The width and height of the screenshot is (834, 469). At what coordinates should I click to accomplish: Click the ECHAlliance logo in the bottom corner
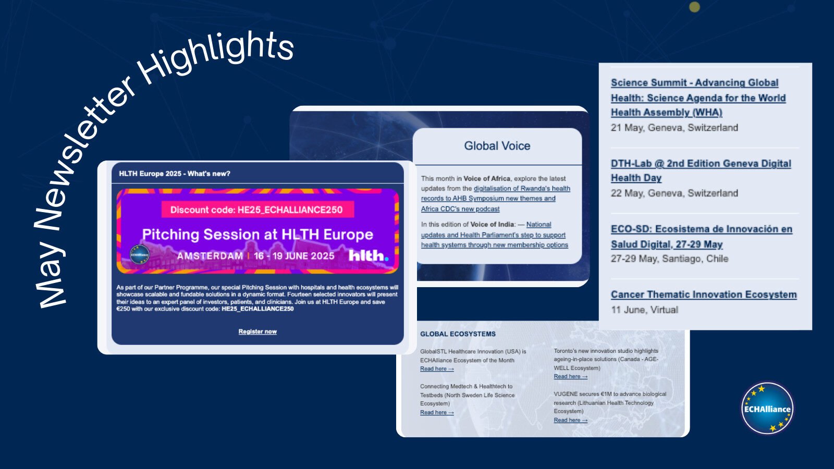[767, 408]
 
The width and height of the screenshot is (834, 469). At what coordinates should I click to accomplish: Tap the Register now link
[257, 331]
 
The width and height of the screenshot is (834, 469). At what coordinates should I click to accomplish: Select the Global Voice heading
[497, 146]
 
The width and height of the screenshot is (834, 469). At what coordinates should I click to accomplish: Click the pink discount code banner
[256, 209]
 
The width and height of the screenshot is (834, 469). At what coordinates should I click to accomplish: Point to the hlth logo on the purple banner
[368, 255]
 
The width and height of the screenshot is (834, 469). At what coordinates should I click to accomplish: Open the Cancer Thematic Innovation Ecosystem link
[703, 294]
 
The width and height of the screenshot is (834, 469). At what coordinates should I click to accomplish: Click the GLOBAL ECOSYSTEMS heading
[458, 334]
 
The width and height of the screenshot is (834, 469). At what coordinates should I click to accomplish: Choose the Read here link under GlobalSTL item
[436, 369]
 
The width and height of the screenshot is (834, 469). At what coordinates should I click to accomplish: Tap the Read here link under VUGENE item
[570, 420]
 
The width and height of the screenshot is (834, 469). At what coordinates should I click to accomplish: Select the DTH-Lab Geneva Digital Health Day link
[700, 170]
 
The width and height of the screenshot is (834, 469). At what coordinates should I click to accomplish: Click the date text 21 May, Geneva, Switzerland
[674, 128]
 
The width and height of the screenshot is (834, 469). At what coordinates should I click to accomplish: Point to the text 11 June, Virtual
[644, 310]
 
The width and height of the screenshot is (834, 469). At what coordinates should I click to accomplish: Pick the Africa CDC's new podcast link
[460, 209]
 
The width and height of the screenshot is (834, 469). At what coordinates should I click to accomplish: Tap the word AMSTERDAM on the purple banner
[210, 256]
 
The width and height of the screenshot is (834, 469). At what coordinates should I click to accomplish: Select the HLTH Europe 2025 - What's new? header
[175, 174]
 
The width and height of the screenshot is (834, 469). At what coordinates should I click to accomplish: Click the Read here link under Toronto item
[570, 376]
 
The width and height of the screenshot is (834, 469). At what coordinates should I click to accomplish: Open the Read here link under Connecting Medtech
[436, 412]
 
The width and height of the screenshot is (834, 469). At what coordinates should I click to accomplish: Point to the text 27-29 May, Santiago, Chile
[669, 258]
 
